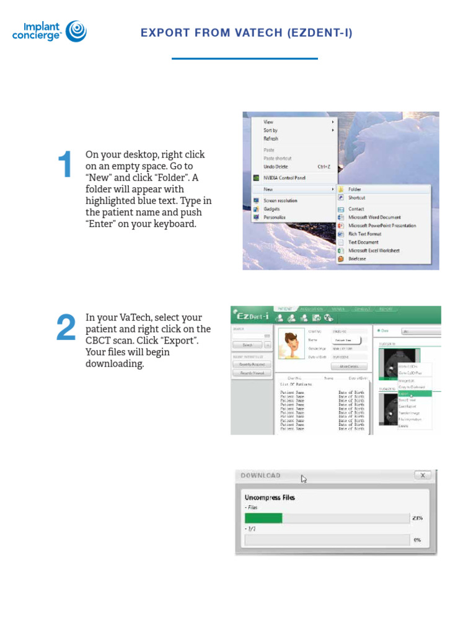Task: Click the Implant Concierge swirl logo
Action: tap(76, 31)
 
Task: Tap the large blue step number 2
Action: tap(66, 328)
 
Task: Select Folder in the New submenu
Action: tap(355, 189)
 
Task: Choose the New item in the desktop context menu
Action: tap(268, 189)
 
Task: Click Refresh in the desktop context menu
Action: tap(271, 139)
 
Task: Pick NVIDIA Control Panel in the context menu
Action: tap(284, 177)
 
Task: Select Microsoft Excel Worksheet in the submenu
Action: tap(373, 251)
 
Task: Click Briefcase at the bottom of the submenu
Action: tap(358, 259)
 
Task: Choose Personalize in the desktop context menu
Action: tap(275, 218)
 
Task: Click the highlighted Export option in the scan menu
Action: tap(404, 394)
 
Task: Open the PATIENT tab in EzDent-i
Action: tap(285, 308)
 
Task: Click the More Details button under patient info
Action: tap(350, 366)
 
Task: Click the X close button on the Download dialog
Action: tap(422, 476)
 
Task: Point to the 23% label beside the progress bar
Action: tap(416, 518)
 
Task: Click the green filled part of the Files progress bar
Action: tap(263, 518)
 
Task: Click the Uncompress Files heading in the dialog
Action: tap(270, 497)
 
